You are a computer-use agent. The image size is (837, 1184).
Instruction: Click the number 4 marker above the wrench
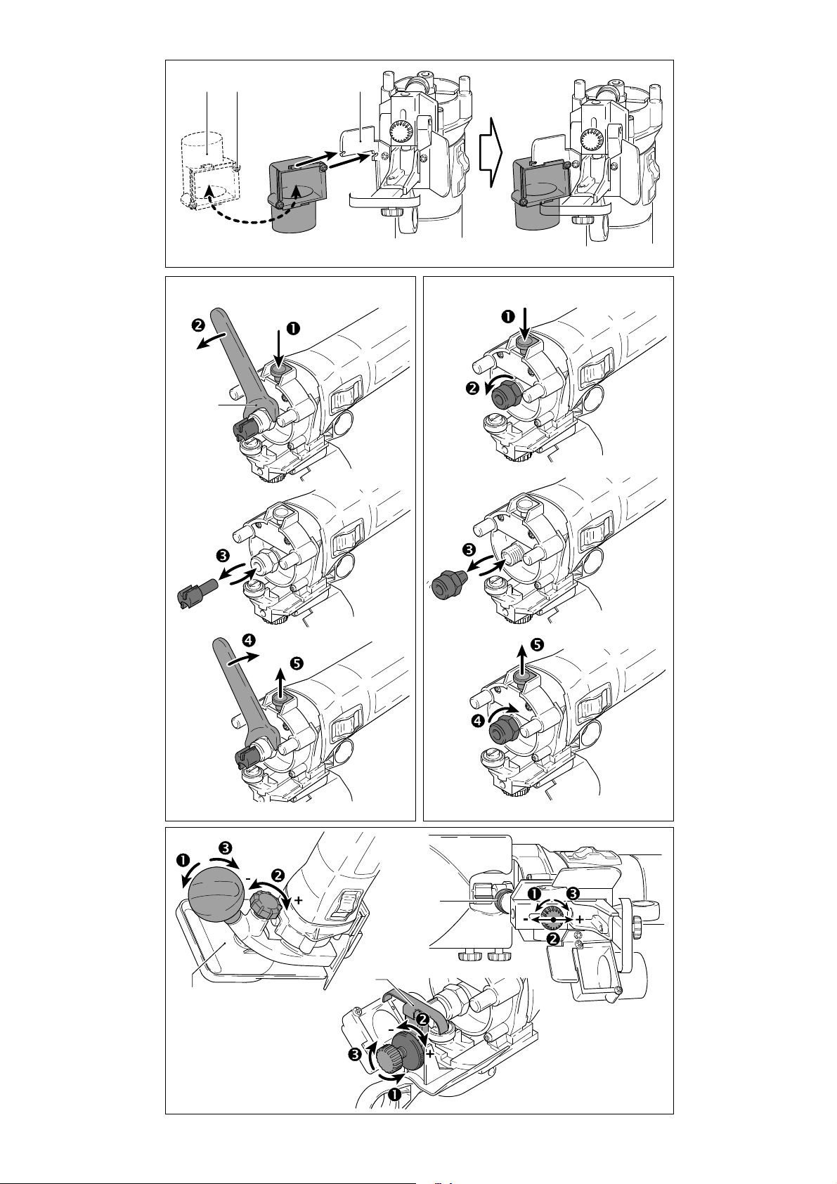pos(247,641)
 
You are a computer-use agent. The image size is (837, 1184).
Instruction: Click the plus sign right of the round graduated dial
pos(579,919)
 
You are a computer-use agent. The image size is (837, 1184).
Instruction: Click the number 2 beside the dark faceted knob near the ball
pos(278,876)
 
